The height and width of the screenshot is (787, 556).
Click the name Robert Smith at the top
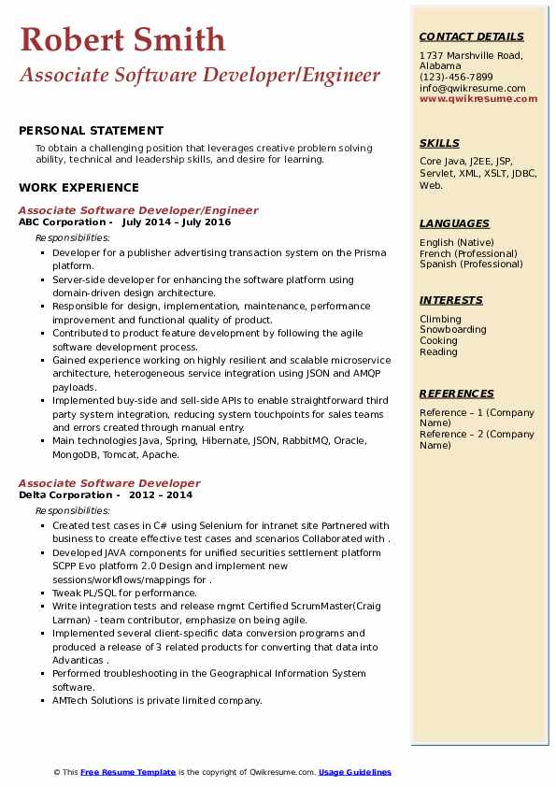121,39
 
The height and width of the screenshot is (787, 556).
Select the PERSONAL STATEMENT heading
91,131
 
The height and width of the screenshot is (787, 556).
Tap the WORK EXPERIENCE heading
78,187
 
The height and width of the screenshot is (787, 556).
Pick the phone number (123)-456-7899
456,77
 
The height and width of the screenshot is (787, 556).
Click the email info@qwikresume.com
472,88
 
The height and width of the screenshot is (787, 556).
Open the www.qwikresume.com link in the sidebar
478,98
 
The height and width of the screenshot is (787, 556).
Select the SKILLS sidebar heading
439,143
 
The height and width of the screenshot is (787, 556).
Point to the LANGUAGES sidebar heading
454,223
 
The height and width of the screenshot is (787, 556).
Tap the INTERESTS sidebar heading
451,300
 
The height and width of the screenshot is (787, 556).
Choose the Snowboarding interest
453,330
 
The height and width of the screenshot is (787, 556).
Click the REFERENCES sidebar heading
457,393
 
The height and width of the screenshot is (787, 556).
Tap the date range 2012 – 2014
160,494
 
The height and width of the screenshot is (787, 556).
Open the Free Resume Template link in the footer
128,772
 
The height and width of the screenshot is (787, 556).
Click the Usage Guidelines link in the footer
355,772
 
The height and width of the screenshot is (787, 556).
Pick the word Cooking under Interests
438,341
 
